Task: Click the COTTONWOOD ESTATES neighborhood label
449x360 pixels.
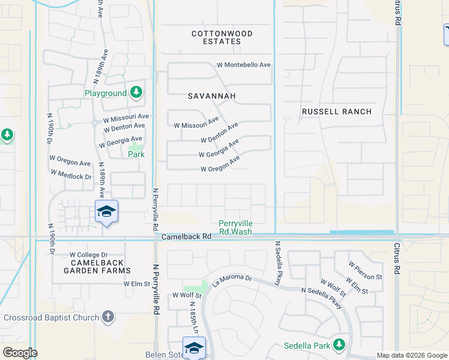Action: [222, 37]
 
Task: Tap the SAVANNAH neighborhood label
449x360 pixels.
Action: [212, 95]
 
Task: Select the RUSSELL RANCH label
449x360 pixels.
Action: [337, 112]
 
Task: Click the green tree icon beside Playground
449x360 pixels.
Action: [137, 92]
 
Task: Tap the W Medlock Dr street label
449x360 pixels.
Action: [71, 175]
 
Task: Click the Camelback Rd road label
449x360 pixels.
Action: [187, 237]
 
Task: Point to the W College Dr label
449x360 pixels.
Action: [88, 255]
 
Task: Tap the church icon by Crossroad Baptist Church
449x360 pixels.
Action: [108, 316]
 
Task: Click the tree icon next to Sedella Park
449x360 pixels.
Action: [340, 345]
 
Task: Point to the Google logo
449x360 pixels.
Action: [20, 353]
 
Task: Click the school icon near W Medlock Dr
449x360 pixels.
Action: [106, 212]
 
